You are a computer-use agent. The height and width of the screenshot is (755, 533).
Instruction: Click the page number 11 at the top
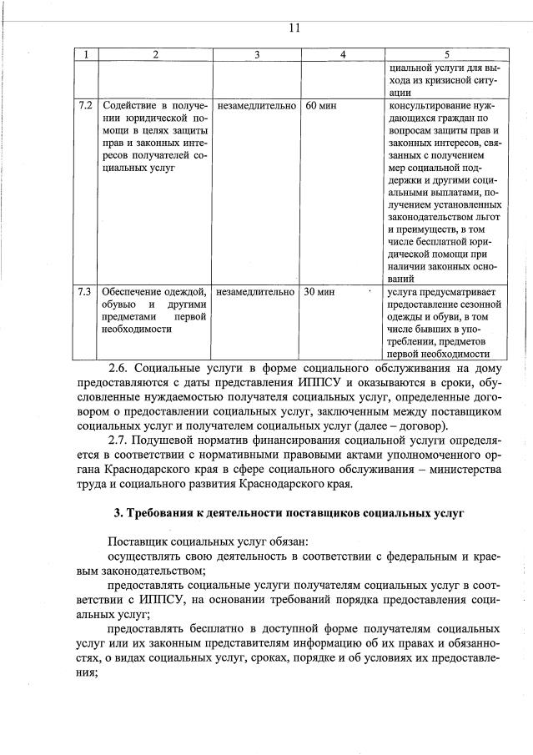[x=294, y=28]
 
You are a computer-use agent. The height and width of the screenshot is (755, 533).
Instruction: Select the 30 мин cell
[x=321, y=292]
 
